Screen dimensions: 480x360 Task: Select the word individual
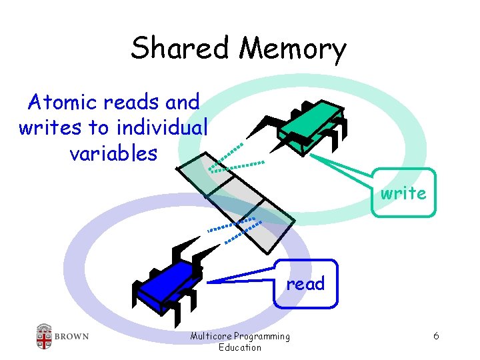(x=162, y=127)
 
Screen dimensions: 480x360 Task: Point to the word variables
(x=113, y=153)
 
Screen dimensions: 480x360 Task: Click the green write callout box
(x=403, y=193)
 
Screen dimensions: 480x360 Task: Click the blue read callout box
(x=305, y=283)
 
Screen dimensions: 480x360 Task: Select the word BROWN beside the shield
(x=72, y=336)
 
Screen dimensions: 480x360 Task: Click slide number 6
(x=435, y=336)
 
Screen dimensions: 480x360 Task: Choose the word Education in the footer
(x=240, y=347)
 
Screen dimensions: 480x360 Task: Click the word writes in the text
(x=46, y=127)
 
